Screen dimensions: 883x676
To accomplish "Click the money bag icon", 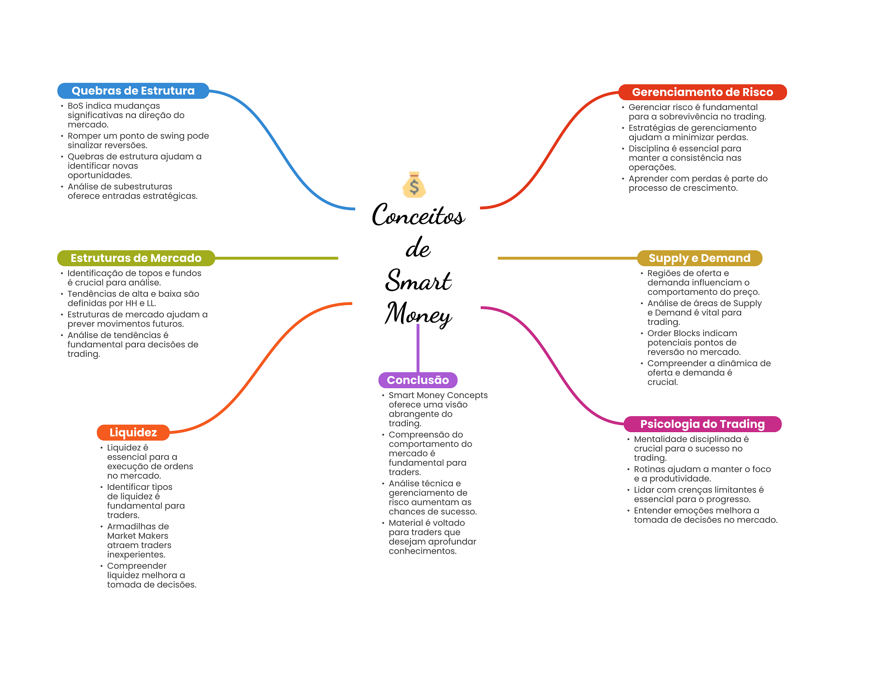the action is pyautogui.click(x=414, y=185).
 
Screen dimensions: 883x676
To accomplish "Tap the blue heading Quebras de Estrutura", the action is pyautogui.click(x=133, y=91).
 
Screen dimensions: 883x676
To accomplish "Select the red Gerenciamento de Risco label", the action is pyautogui.click(x=702, y=92).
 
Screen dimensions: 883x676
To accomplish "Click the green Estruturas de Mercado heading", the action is pyautogui.click(x=136, y=258).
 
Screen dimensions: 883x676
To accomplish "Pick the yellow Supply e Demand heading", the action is pyautogui.click(x=699, y=258).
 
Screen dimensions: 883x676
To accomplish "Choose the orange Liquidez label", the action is pyautogui.click(x=133, y=433).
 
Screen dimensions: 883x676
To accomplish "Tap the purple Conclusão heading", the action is pyautogui.click(x=418, y=380).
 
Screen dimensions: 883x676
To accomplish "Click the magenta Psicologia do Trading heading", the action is pyautogui.click(x=702, y=424).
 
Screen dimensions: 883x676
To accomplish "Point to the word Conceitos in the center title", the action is pyautogui.click(x=418, y=215).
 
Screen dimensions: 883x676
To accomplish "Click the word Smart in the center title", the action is pyautogui.click(x=418, y=281).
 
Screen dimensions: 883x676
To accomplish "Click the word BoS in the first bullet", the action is pyautogui.click(x=75, y=106).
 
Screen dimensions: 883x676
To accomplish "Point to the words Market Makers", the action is pyautogui.click(x=138, y=536).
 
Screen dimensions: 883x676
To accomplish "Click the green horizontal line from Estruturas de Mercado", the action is pyautogui.click(x=276, y=258).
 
